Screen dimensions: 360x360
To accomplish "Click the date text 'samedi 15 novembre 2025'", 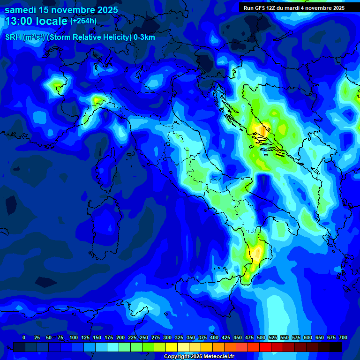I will [61, 9].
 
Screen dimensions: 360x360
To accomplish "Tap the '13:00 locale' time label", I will [36, 21].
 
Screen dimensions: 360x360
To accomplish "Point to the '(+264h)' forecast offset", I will [83, 21].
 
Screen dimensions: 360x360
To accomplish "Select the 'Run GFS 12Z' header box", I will [294, 8].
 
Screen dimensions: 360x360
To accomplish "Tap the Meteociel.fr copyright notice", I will [198, 356].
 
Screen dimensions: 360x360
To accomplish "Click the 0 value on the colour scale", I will [24, 337].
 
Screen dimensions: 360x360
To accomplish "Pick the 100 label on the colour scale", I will [74, 337].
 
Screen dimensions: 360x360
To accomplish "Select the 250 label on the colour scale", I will [144, 337].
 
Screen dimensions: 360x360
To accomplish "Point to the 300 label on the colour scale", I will [167, 337].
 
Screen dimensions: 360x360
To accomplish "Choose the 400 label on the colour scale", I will [214, 337].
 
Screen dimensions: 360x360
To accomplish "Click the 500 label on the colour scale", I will [261, 337].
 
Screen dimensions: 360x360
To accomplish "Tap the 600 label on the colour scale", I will [308, 337].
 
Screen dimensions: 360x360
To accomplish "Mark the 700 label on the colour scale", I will [343, 337].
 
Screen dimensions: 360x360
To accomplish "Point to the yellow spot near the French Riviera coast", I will [97, 99].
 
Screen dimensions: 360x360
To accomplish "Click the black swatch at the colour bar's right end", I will [336, 347].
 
